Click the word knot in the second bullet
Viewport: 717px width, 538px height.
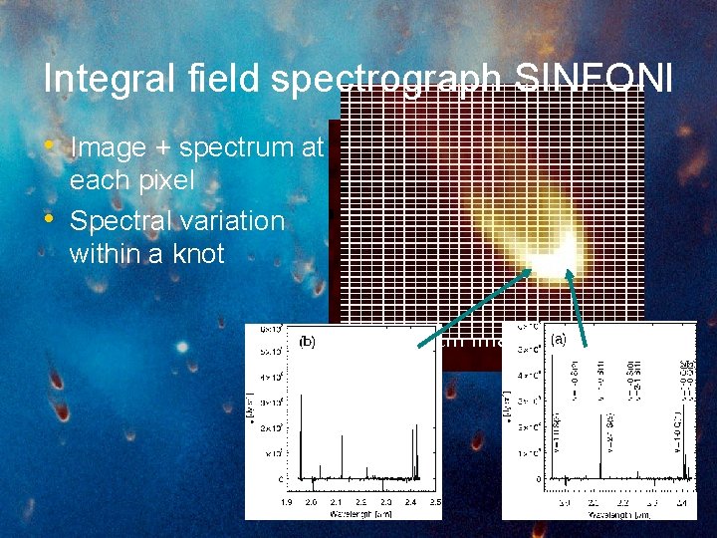(197, 253)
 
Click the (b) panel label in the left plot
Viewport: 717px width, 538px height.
(308, 341)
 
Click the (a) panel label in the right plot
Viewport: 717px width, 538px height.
(558, 339)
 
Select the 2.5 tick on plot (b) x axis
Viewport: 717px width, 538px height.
(435, 504)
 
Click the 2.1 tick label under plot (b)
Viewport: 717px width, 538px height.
(337, 504)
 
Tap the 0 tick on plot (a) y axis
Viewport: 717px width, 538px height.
(539, 479)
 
